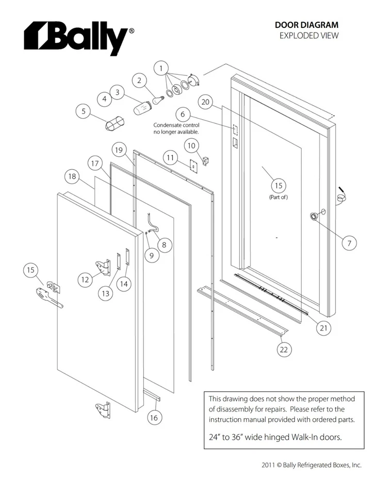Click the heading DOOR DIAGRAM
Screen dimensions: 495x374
(306, 25)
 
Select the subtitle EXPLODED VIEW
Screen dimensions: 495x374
(309, 36)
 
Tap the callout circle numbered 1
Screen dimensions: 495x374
(161, 68)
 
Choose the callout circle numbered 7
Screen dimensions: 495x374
(349, 243)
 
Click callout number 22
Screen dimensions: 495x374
(284, 350)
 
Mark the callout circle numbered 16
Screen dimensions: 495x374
(153, 418)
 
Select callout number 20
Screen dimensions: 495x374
(205, 102)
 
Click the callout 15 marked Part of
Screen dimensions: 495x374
(278, 186)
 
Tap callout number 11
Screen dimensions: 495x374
(171, 157)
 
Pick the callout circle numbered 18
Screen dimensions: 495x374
(72, 176)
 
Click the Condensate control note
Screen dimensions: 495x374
(176, 128)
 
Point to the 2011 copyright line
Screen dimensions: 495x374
(311, 465)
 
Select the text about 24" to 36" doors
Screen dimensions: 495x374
(275, 437)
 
